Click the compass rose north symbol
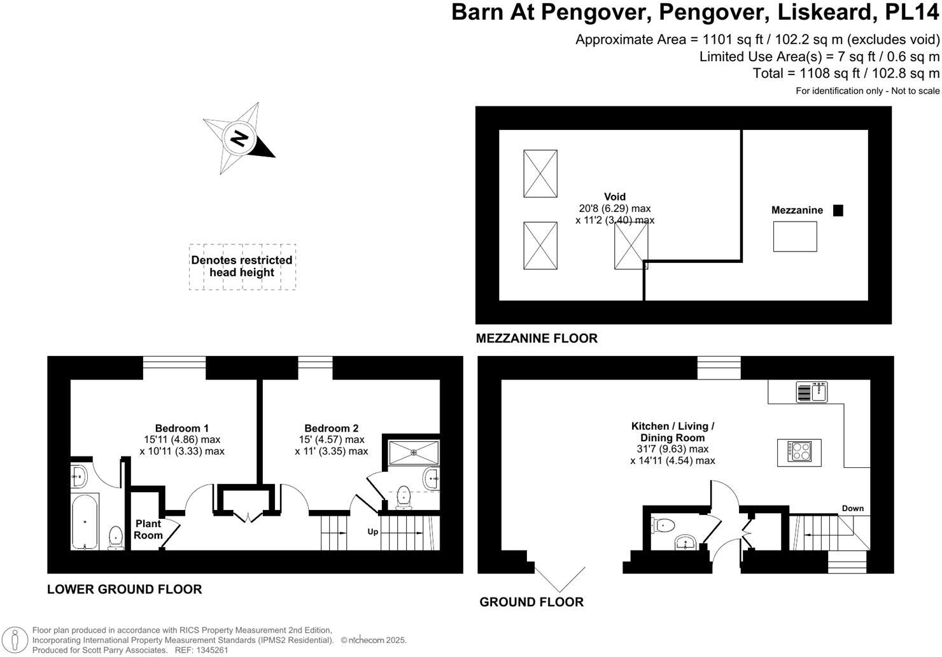(239, 138)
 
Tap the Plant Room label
(148, 529)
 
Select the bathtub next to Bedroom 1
(85, 521)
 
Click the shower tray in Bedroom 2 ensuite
(414, 452)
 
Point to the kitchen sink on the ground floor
(812, 392)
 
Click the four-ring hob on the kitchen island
(799, 452)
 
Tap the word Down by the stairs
(852, 508)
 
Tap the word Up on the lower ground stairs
(372, 532)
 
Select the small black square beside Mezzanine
(838, 211)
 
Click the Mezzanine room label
(797, 210)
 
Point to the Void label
(615, 197)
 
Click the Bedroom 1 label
(182, 428)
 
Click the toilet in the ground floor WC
(663, 525)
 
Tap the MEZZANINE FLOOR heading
(537, 339)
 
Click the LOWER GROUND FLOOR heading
(124, 590)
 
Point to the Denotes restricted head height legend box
(242, 267)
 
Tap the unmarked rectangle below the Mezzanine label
(795, 236)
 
